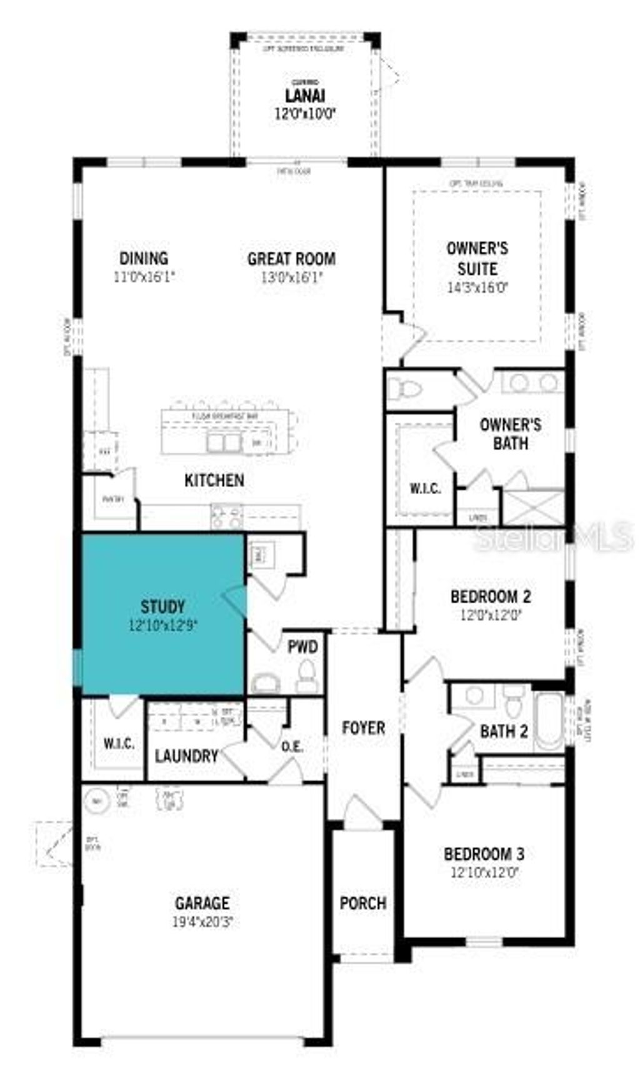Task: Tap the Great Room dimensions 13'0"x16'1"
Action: pos(291,277)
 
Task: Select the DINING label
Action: pos(144,258)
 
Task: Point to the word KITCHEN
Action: pos(214,480)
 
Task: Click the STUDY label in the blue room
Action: pos(162,606)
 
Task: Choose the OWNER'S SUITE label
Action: pos(477,259)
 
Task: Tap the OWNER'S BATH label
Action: pos(510,434)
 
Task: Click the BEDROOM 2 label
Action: pos(491,596)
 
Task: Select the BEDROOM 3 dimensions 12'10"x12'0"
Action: pos(484,872)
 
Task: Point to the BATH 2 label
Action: pos(504,731)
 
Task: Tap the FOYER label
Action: pos(363,728)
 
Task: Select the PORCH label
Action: pos(362,902)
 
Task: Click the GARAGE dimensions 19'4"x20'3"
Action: pos(202,921)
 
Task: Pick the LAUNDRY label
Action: pos(186,756)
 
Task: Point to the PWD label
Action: pos(302,646)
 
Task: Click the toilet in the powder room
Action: pos(306,676)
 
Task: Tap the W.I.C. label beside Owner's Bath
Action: pos(425,488)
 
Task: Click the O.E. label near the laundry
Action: pos(292,746)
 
